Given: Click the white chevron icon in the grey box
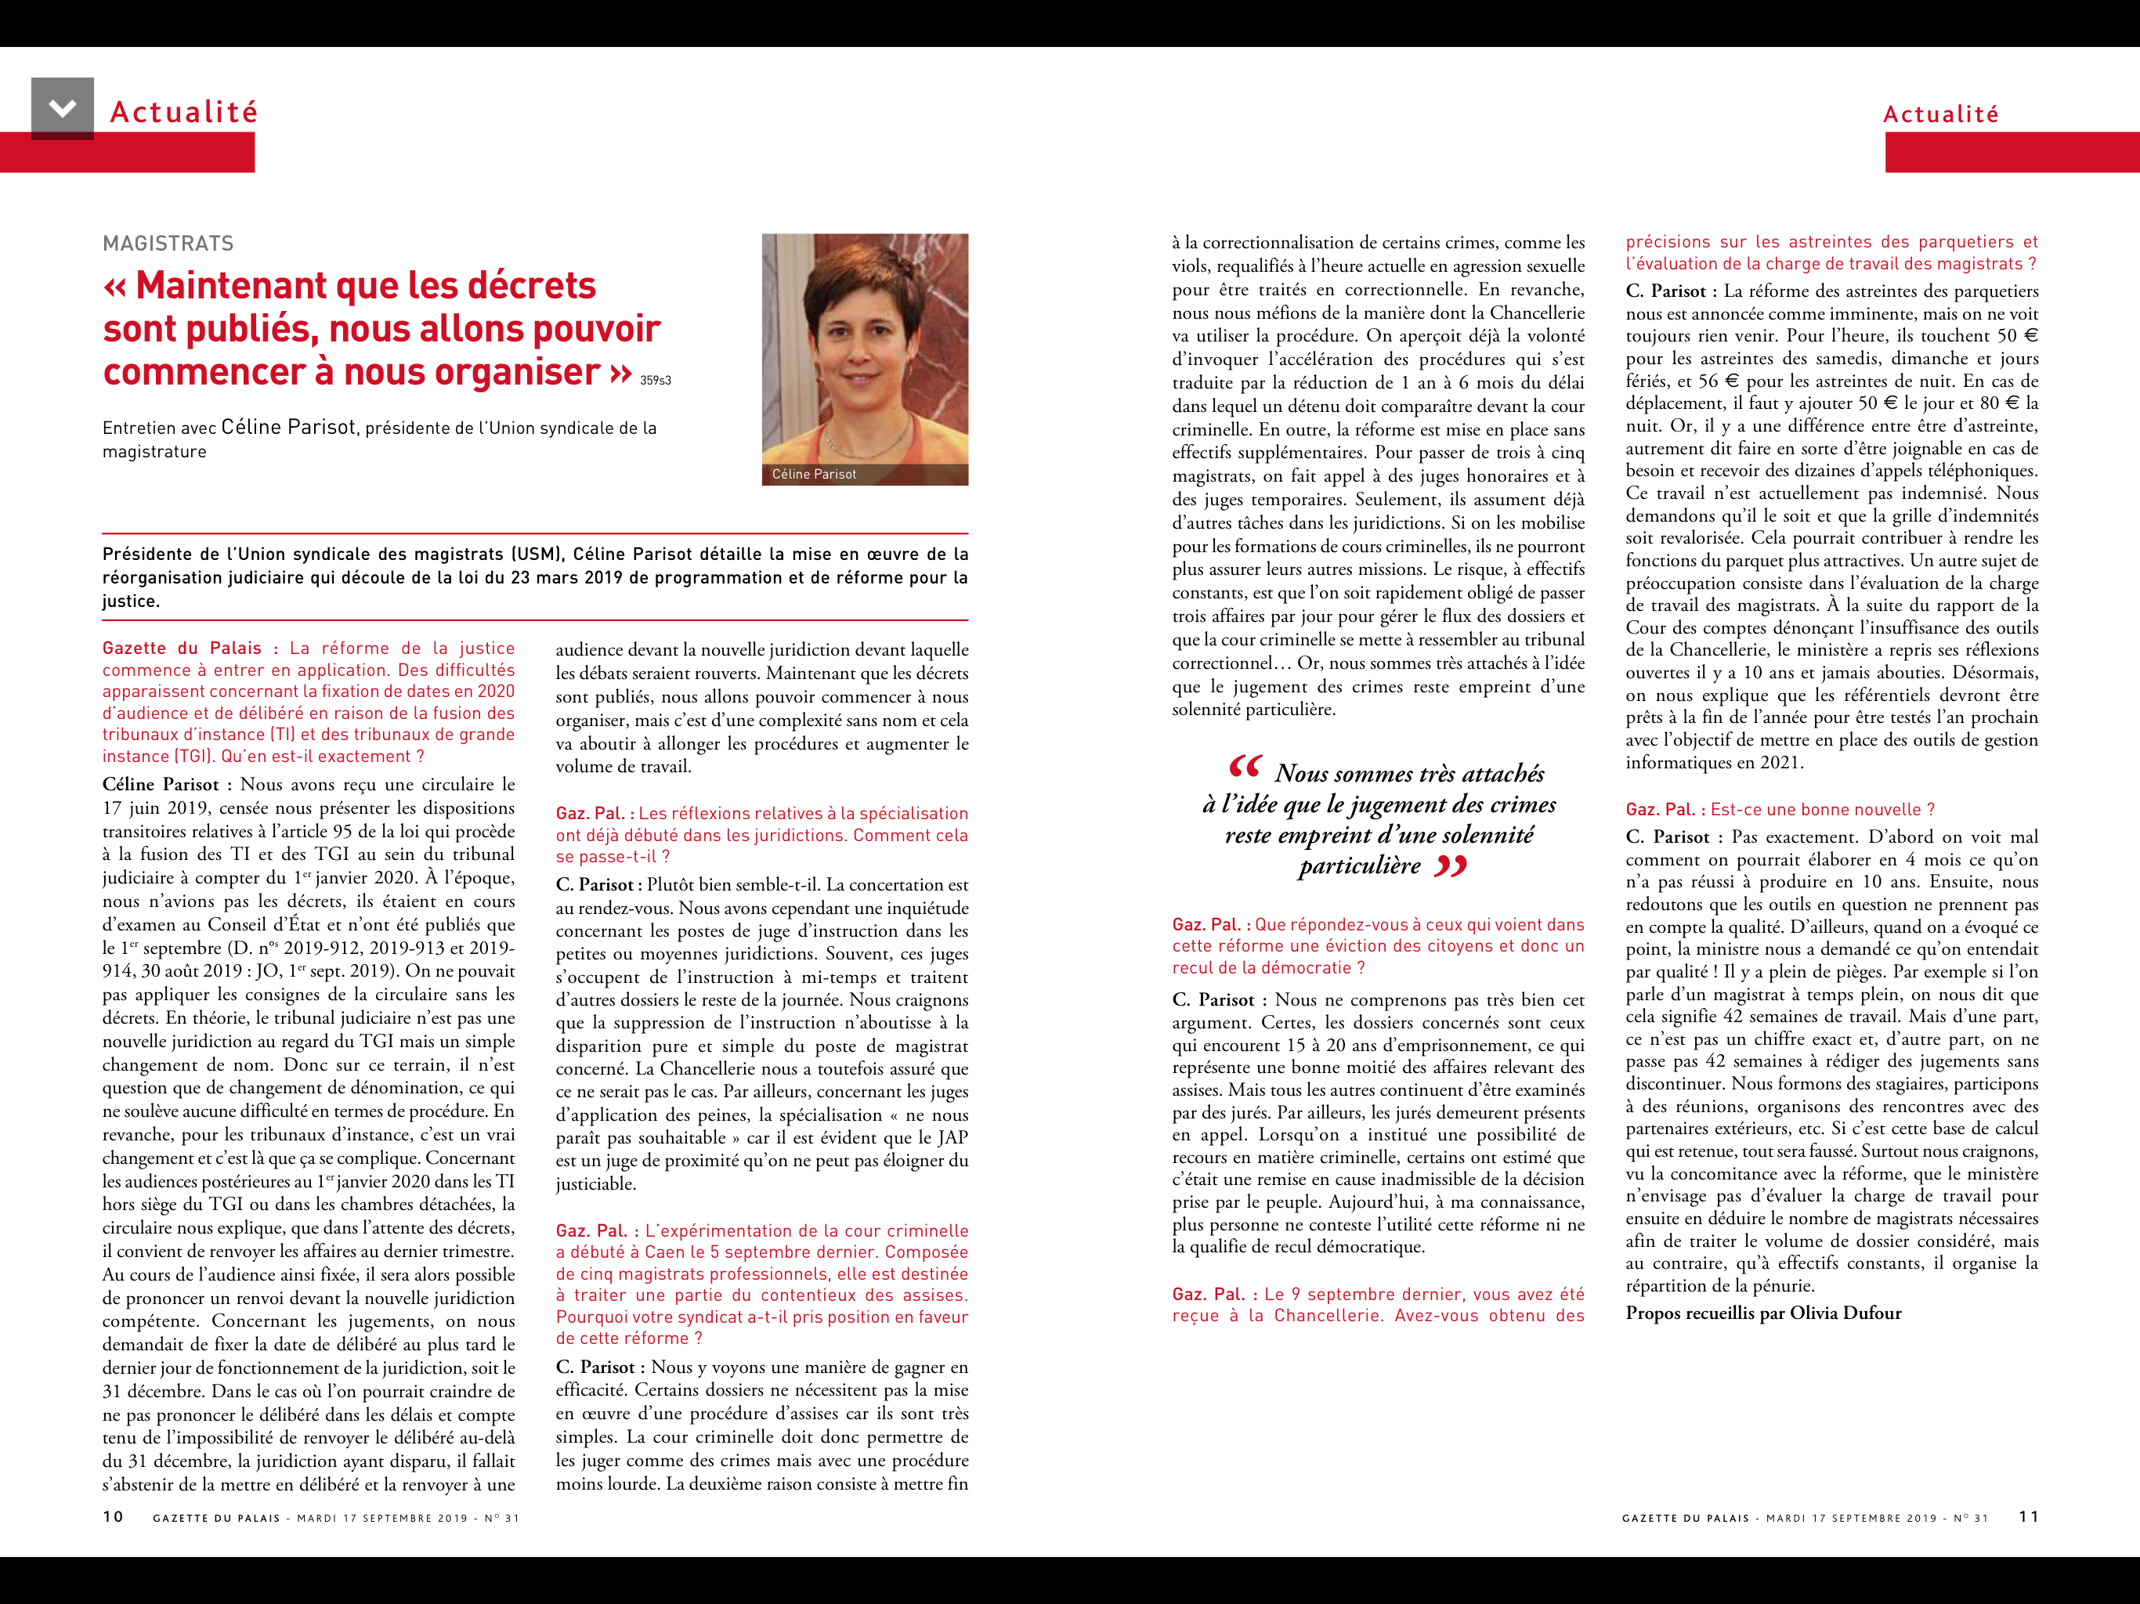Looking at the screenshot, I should pos(63,107).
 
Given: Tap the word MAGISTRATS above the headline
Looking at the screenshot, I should pos(168,244).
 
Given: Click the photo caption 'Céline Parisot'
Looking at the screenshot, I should pos(814,474).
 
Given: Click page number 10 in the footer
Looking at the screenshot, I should pos(114,1517).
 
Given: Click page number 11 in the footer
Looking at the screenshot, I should pos(2029,1517).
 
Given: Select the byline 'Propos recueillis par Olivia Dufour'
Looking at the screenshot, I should pos(1762,1313).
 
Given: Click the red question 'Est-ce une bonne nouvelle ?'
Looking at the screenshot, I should pos(1822,810).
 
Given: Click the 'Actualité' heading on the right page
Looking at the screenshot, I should pos(1941,114).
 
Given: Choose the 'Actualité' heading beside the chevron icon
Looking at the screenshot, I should pos(184,112).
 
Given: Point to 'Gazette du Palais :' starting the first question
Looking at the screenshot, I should pos(190,648).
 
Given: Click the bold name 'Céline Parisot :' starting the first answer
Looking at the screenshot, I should pos(166,785).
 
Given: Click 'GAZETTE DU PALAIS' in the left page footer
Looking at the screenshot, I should pos(217,1518).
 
